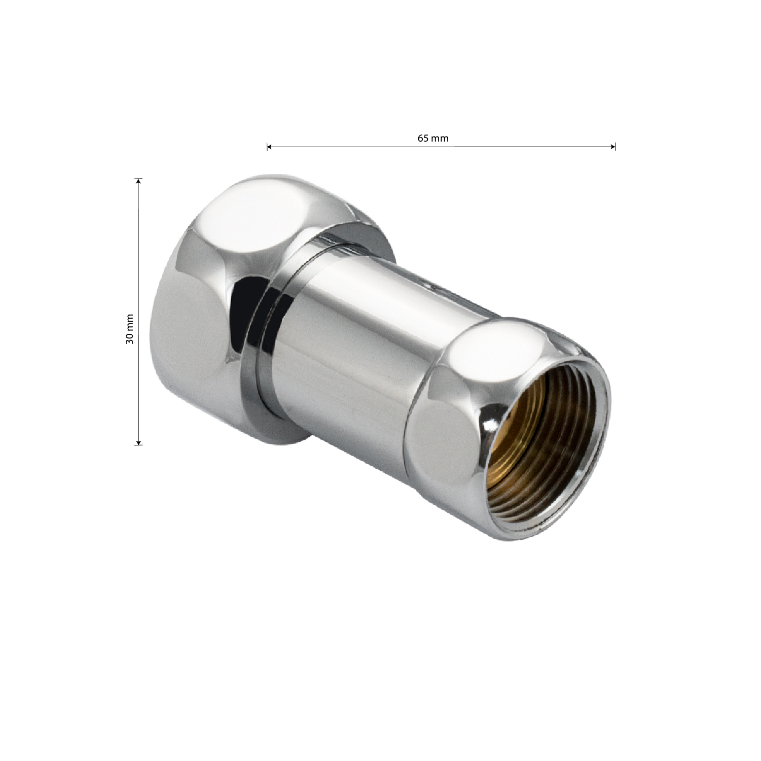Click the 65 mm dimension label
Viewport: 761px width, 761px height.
(x=433, y=138)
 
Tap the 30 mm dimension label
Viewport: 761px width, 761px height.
(x=130, y=328)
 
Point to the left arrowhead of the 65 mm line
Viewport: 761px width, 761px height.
(x=269, y=147)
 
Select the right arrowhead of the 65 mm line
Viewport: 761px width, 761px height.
(x=613, y=147)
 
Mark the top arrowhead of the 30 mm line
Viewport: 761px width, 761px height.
(x=138, y=182)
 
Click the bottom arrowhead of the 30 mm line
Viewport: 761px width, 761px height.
(x=138, y=442)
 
